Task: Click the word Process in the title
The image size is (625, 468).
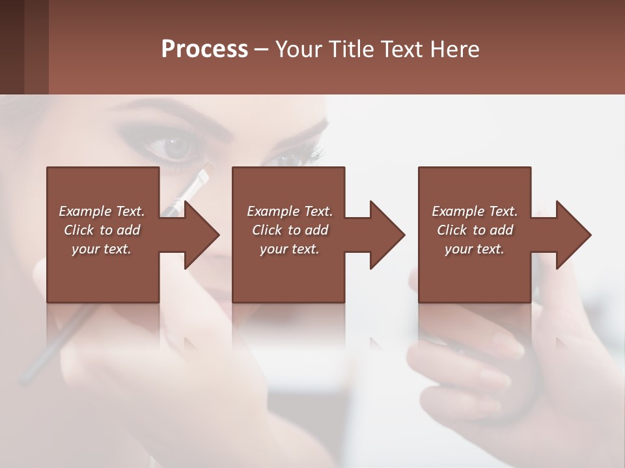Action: [x=204, y=49]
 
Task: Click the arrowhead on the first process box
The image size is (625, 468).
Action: [x=202, y=235]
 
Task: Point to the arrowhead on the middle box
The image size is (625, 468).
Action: [x=388, y=235]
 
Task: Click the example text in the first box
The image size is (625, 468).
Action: [x=102, y=230]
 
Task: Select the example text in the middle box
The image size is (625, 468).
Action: [x=289, y=230]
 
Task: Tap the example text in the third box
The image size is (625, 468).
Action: [x=474, y=230]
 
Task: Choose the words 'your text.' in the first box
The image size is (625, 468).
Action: [x=102, y=249]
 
